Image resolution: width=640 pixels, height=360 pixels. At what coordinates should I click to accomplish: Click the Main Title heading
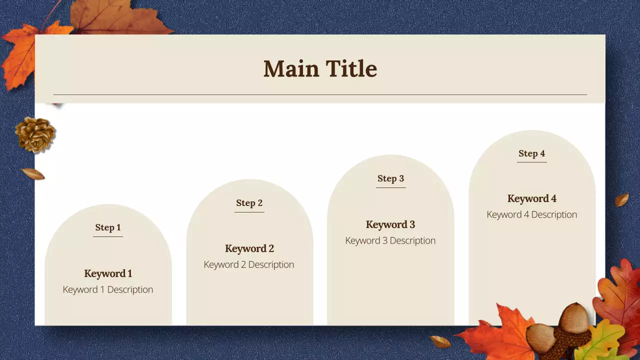coord(320,68)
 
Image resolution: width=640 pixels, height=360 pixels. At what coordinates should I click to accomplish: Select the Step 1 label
coord(108,227)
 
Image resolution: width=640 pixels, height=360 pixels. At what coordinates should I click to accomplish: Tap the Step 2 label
coord(249,203)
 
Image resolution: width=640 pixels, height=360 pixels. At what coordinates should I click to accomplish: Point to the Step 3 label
coord(390,178)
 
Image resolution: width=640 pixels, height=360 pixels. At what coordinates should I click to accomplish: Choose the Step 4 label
coord(531,153)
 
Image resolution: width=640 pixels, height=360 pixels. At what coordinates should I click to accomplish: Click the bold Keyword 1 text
coord(108,273)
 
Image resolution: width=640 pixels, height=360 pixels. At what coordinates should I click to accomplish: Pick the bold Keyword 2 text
coord(249,248)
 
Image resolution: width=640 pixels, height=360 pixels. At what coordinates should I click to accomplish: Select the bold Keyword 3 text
coord(390,224)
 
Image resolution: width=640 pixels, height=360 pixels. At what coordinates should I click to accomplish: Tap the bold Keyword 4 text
coord(531,198)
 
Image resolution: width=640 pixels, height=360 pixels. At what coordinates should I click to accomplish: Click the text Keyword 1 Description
coord(108,289)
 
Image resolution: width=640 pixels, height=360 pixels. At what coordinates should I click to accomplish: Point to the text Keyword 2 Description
coord(249,264)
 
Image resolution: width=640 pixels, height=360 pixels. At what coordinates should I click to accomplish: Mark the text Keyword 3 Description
coord(390,240)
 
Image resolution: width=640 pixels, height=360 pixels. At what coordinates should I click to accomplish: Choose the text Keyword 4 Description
coord(531,214)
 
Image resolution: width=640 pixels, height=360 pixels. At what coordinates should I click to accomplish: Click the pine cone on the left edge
coord(35,134)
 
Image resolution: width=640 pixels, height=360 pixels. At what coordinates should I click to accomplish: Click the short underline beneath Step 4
coord(531,162)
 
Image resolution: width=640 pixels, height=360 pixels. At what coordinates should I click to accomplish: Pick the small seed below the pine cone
coord(33,174)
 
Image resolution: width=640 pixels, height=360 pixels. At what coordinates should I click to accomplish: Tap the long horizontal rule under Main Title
coord(320,94)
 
